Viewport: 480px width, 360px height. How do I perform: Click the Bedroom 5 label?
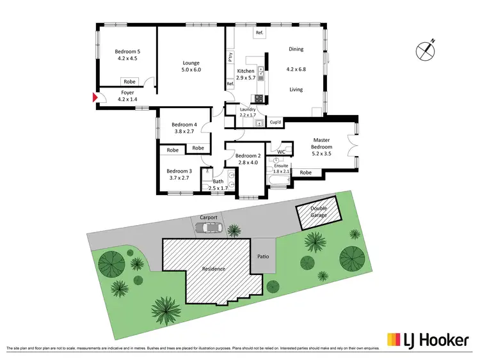tap(127, 51)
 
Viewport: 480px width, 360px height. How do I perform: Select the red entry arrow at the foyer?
tap(94, 98)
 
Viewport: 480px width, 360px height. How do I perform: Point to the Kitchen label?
tap(246, 71)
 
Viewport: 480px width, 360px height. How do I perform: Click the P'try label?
tap(230, 57)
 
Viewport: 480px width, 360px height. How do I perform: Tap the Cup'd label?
tap(275, 121)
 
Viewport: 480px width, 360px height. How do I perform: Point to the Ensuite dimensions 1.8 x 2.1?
tap(282, 171)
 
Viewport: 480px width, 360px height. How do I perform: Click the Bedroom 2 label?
tap(248, 156)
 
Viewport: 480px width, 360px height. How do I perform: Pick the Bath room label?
tap(218, 182)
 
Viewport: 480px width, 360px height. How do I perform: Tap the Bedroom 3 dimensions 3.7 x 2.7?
tap(179, 178)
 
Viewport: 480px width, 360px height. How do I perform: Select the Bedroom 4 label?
tap(184, 125)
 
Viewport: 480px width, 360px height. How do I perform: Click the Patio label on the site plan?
tap(263, 256)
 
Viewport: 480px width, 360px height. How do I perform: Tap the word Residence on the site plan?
tap(214, 269)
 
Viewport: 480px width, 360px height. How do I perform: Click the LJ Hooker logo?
tap(428, 339)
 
